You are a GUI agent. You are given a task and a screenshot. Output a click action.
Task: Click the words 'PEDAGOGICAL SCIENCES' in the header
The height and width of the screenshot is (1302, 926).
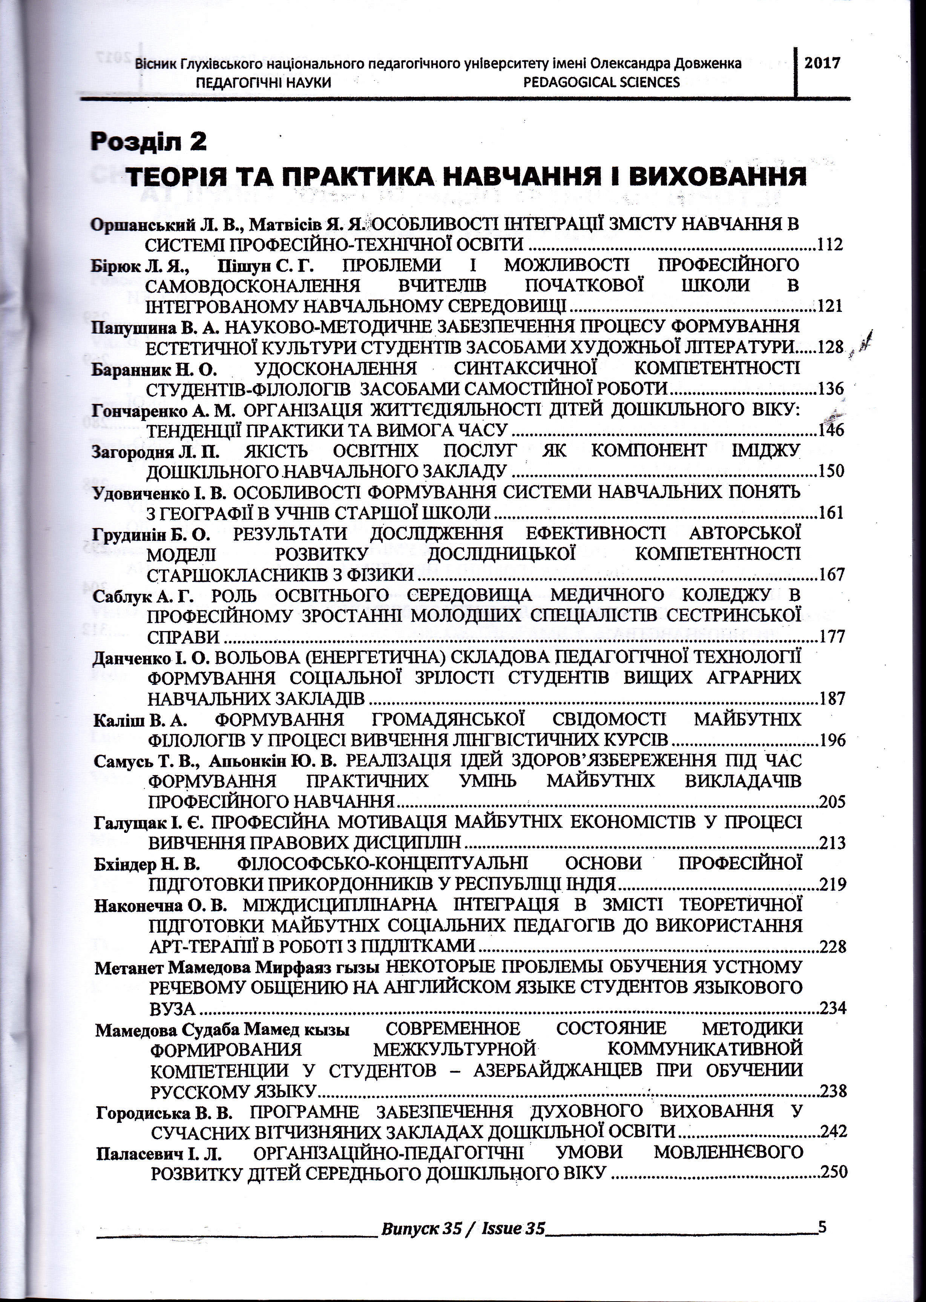point(601,83)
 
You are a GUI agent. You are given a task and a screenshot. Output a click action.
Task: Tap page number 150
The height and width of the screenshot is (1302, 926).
point(831,471)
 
